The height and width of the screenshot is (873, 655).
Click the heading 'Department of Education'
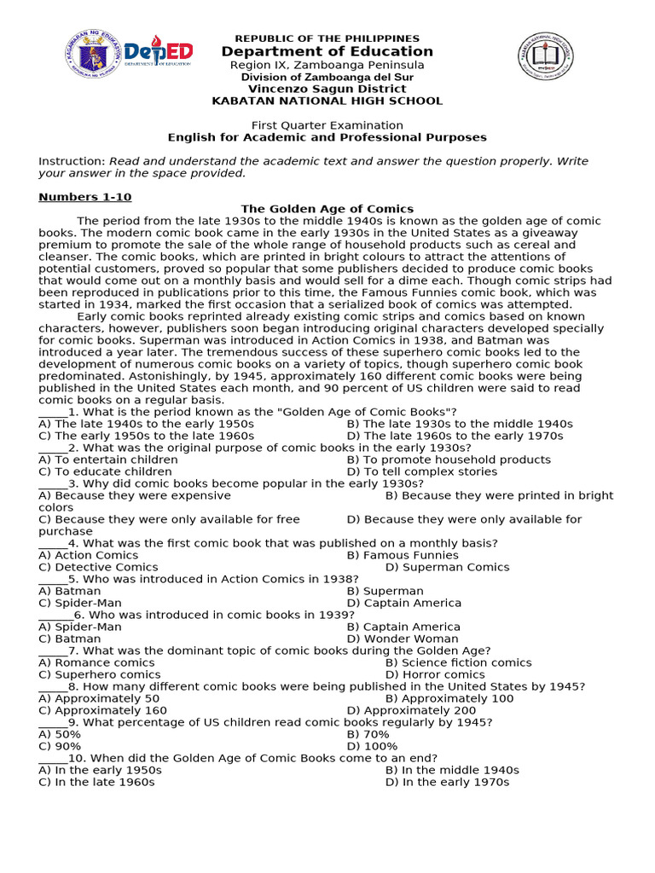click(x=327, y=52)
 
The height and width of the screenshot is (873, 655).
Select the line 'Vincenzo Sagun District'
click(x=327, y=89)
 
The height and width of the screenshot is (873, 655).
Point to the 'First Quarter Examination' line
click(x=327, y=125)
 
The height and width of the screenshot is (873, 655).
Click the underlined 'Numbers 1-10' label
click(x=85, y=197)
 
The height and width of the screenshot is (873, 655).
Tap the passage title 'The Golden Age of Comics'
click(x=327, y=209)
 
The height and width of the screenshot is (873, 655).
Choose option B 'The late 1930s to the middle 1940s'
click(x=460, y=424)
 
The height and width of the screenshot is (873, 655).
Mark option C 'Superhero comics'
click(x=99, y=674)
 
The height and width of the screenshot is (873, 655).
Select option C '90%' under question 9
click(x=60, y=746)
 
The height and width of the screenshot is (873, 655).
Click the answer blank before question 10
click(x=53, y=758)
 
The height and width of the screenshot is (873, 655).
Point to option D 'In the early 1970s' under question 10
click(x=447, y=782)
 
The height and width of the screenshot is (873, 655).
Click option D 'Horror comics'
click(x=435, y=674)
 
